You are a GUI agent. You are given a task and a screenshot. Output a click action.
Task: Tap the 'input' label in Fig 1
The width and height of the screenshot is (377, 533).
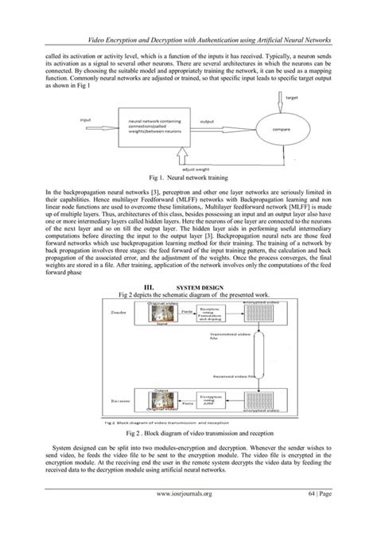click(85, 120)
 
